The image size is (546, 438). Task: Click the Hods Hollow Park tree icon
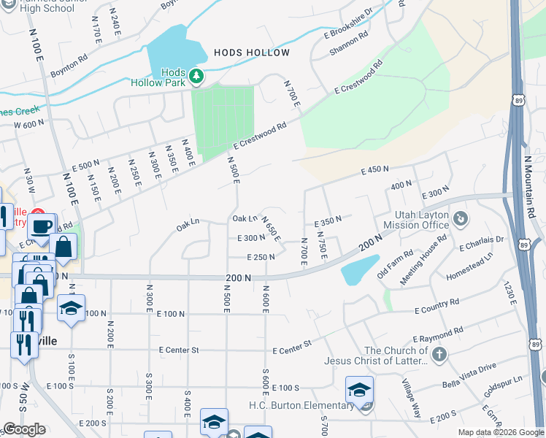coord(196,75)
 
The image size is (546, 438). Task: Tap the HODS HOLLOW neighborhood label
coord(252,53)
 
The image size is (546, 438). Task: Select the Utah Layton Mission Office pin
coord(460,218)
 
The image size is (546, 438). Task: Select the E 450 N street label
coord(375,170)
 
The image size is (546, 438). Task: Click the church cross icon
coord(439,355)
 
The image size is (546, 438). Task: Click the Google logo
coord(25,429)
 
